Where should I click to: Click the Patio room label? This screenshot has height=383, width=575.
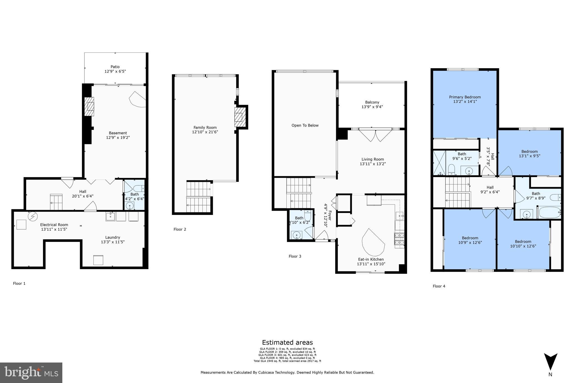pyautogui.click(x=115, y=67)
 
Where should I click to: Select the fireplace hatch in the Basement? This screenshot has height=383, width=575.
pyautogui.click(x=89, y=107)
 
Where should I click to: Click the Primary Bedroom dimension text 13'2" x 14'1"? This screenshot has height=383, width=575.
pyautogui.click(x=465, y=102)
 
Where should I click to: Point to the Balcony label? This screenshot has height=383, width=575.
pyautogui.click(x=372, y=102)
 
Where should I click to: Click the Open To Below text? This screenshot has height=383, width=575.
pyautogui.click(x=305, y=125)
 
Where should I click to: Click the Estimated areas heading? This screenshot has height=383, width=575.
pyautogui.click(x=287, y=342)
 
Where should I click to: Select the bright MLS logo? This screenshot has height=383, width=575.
pyautogui.click(x=31, y=373)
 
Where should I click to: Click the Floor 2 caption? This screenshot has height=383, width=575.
pyautogui.click(x=180, y=229)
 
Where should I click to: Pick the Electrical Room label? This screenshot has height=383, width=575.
pyautogui.click(x=54, y=224)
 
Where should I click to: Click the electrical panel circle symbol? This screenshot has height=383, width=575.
pyautogui.click(x=32, y=216)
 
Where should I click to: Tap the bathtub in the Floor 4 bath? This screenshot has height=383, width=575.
pyautogui.click(x=549, y=213)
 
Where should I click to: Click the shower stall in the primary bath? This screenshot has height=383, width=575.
pyautogui.click(x=439, y=163)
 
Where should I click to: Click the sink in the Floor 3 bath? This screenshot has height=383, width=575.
pyautogui.click(x=296, y=235)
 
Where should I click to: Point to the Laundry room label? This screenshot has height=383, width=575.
pyautogui.click(x=113, y=237)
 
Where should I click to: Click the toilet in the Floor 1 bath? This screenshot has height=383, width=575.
pyautogui.click(x=139, y=188)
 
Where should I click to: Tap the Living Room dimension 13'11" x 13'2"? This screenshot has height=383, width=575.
pyautogui.click(x=373, y=164)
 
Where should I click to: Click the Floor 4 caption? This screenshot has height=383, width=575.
pyautogui.click(x=439, y=286)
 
